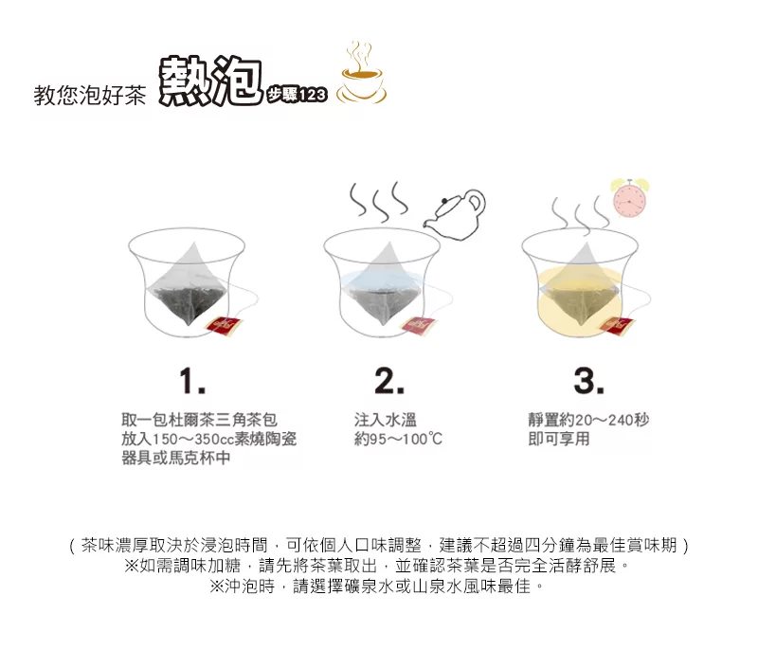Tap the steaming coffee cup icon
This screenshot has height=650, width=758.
[x=362, y=74]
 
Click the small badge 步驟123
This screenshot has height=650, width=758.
[x=297, y=95]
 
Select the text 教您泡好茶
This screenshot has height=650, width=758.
[x=90, y=95]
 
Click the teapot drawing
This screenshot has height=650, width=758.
[x=455, y=214]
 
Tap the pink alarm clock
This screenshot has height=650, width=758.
[x=629, y=197]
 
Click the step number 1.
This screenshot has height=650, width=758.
[x=192, y=381]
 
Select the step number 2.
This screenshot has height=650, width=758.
[x=389, y=381]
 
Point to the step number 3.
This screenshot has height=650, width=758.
[x=588, y=381]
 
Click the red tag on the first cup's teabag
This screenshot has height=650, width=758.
[x=225, y=325]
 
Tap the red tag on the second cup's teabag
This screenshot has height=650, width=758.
[x=420, y=325]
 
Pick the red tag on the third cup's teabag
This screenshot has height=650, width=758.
[x=618, y=326]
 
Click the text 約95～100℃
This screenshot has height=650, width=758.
[x=398, y=439]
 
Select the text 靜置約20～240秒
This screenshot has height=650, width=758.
[x=588, y=420]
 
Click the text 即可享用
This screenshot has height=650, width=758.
[x=559, y=439]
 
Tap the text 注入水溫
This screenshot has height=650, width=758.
[x=386, y=420]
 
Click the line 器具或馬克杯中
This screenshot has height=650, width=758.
[x=176, y=458]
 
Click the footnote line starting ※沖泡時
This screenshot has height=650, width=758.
[x=377, y=587]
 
